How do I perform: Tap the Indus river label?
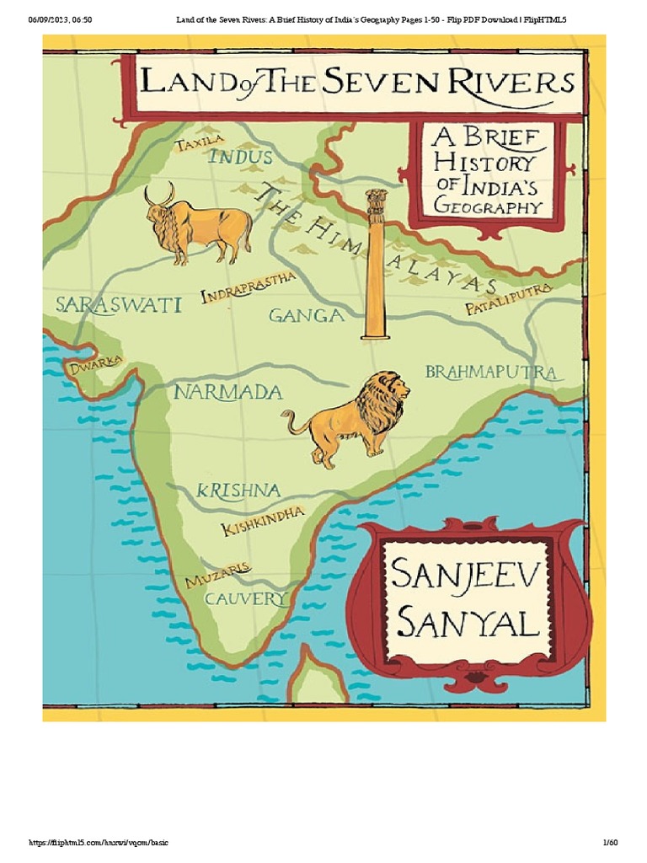(x=240, y=157)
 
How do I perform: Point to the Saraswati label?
(x=118, y=304)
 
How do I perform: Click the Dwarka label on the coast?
(x=96, y=366)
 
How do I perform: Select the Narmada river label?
(x=227, y=392)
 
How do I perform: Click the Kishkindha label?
(x=262, y=521)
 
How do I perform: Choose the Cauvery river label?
(x=246, y=599)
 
